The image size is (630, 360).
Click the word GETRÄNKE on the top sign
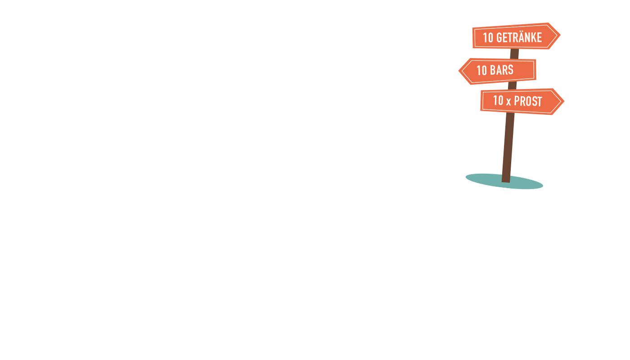click(519, 37)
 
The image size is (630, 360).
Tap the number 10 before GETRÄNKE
click(488, 38)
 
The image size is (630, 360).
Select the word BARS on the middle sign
click(501, 70)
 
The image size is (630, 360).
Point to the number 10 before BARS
click(481, 70)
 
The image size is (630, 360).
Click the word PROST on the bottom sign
click(528, 101)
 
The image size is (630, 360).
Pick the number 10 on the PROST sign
click(498, 100)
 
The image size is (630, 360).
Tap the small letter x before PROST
click(508, 102)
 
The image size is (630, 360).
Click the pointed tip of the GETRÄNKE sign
click(560, 35)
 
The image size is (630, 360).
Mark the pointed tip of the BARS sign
click(459, 71)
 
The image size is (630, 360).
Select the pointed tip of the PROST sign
click(564, 101)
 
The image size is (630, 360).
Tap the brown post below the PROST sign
click(508, 148)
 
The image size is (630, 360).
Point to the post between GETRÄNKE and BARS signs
click(514, 54)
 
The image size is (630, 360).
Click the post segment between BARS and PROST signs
click(512, 85)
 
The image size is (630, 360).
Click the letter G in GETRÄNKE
click(499, 38)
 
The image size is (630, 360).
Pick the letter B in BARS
click(493, 70)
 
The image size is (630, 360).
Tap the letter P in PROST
click(517, 101)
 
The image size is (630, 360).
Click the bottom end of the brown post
click(506, 182)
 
